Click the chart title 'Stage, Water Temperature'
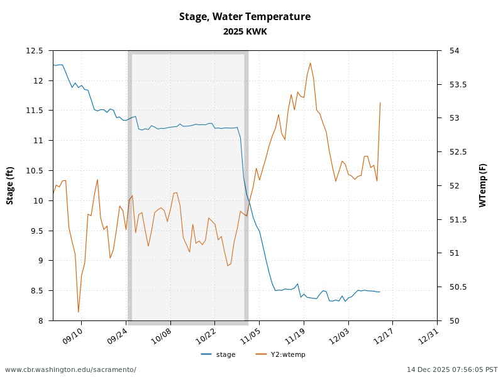[x=245, y=17]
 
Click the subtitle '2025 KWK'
[x=245, y=31]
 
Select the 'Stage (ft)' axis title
[x=10, y=185]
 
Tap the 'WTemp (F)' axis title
[x=482, y=185]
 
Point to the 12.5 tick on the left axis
[x=35, y=51]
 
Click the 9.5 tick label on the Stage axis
[x=37, y=231]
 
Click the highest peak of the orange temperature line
[x=311, y=63]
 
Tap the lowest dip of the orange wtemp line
[x=79, y=312]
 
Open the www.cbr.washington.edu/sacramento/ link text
[x=70, y=369]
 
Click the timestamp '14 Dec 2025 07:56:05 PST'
[x=452, y=369]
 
